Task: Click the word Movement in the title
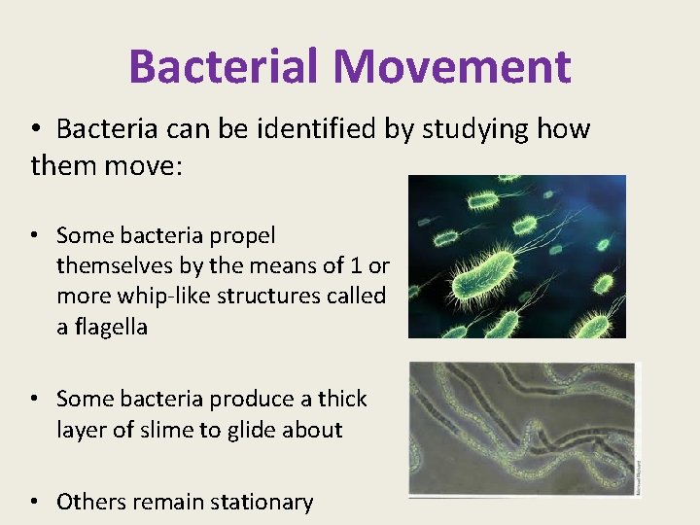click(x=452, y=67)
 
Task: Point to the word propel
click(x=242, y=235)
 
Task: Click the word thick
click(x=340, y=399)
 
